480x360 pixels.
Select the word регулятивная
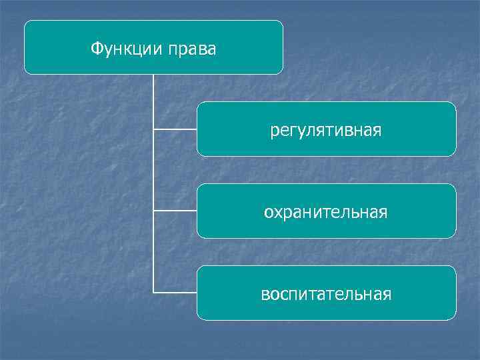point(326,130)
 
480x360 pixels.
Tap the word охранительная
point(326,212)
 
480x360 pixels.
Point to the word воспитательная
point(326,294)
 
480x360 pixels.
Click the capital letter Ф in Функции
point(96,49)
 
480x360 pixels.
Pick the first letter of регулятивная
point(274,131)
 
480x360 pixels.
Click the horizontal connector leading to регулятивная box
point(175,129)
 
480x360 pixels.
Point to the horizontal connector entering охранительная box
point(175,211)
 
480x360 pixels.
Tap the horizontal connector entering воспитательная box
point(175,292)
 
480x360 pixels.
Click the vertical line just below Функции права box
point(153,93)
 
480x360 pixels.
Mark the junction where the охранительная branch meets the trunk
point(153,211)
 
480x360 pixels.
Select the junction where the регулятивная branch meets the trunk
point(153,129)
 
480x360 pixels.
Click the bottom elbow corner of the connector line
point(153,292)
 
